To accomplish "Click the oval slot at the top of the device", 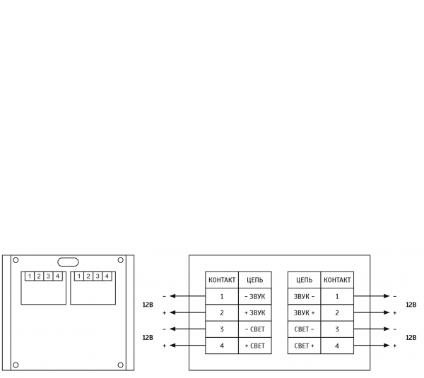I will (68, 262).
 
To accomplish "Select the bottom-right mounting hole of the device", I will (120, 365).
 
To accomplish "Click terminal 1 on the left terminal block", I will (30, 276).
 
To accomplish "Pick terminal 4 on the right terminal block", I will (107, 276).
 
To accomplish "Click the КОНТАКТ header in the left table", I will (222, 280).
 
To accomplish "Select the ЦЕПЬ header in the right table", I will (304, 280).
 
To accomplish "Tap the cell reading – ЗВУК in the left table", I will (254, 296).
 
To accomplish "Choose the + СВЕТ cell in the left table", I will (254, 346).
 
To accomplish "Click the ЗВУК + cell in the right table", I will (304, 312).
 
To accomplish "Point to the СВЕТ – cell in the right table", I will (304, 329).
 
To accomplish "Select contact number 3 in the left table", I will (222, 329).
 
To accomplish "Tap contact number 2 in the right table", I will (337, 312).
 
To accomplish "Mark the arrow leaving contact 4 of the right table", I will (371, 346).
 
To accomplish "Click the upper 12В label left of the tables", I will (148, 305).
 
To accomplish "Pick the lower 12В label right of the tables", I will (411, 338).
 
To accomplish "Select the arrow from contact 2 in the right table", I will (371, 312).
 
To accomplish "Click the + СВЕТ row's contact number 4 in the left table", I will (222, 346).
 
